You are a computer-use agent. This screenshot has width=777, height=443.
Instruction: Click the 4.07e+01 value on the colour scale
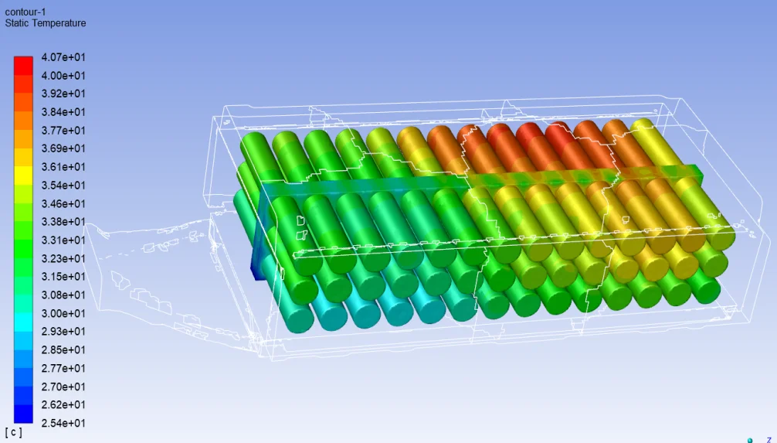63,57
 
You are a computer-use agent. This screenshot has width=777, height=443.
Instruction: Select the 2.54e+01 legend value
63,423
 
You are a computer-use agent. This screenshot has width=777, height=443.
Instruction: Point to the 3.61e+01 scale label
63,167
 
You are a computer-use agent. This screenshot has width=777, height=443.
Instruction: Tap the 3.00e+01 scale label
63,314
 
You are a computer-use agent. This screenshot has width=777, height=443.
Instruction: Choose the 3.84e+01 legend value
63,112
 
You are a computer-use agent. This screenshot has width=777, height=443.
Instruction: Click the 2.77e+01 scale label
63,368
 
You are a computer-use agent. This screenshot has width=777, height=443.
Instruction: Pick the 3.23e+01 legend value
63,258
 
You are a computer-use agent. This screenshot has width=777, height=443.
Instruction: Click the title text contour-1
25,12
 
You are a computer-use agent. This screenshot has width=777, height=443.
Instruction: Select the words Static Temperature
45,23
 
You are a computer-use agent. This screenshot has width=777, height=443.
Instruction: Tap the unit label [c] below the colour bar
13,433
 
